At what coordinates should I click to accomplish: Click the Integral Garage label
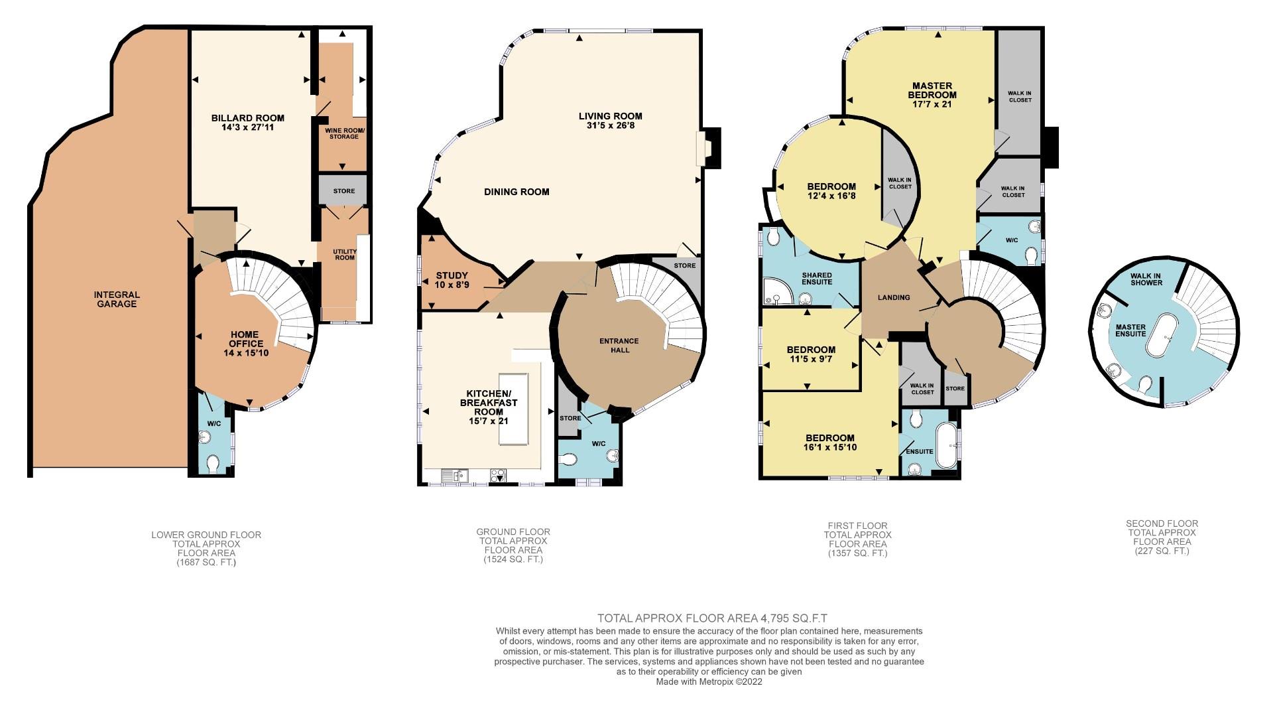116,299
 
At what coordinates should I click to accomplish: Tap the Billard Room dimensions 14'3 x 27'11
247,127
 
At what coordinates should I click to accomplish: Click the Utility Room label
345,254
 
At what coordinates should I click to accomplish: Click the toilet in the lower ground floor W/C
213,462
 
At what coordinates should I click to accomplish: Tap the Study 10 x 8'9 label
452,280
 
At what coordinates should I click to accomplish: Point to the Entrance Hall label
619,345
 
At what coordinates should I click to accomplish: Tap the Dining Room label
516,192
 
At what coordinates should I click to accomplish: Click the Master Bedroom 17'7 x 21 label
932,95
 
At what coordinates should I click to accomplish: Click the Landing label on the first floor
893,297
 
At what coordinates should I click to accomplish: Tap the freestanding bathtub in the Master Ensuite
1165,336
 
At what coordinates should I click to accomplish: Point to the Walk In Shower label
1146,279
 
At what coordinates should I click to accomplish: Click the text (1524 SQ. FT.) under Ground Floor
513,559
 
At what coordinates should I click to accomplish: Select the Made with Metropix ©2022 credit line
709,681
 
